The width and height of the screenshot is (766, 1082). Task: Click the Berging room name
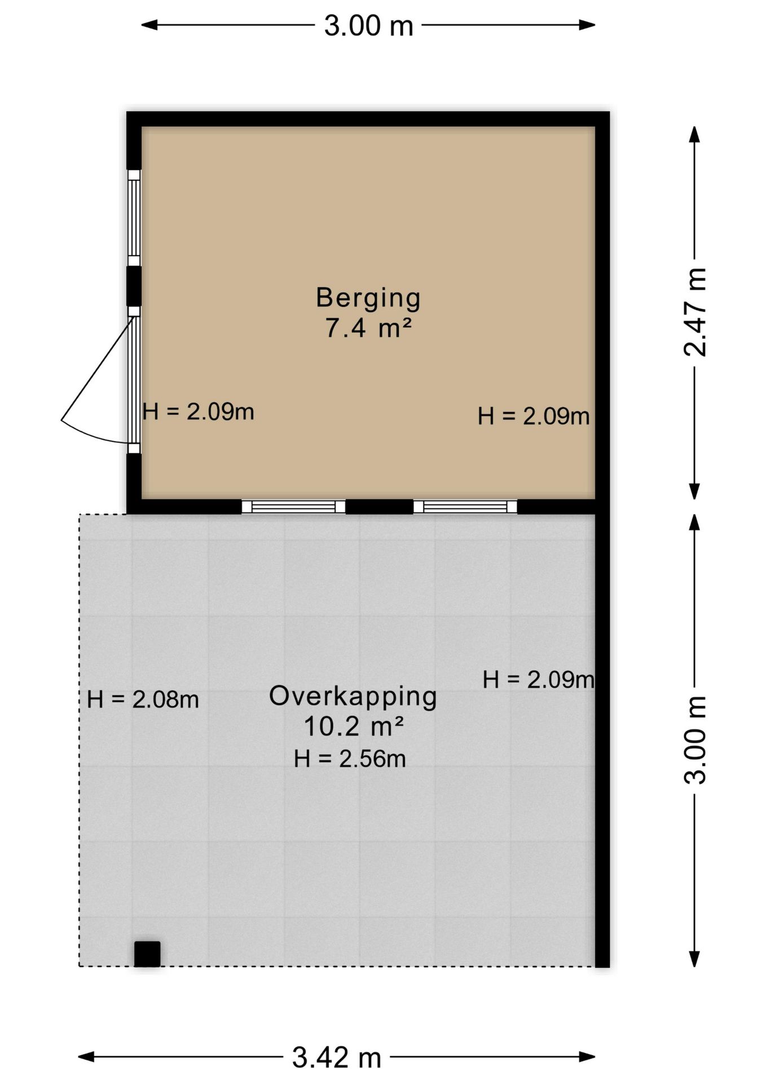pyautogui.click(x=368, y=298)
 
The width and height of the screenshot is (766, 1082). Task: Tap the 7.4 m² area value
pyautogui.click(x=368, y=327)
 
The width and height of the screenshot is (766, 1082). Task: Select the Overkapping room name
pyautogui.click(x=353, y=697)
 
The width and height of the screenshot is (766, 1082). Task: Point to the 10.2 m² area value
pyautogui.click(x=354, y=726)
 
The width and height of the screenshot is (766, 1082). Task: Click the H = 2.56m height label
pyautogui.click(x=350, y=759)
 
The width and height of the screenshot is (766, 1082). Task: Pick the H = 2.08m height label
pyautogui.click(x=143, y=699)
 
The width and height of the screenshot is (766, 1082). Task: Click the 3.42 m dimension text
pyautogui.click(x=337, y=1057)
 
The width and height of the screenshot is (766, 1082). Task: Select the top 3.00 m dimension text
pyautogui.click(x=368, y=25)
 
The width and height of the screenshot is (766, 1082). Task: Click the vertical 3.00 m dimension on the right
pyautogui.click(x=695, y=740)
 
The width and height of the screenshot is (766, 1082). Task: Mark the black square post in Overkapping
pyautogui.click(x=147, y=954)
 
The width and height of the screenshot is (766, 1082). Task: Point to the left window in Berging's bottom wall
pyautogui.click(x=293, y=506)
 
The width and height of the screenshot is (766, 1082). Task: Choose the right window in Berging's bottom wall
pyautogui.click(x=465, y=506)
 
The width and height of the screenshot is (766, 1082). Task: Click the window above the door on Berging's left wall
pyautogui.click(x=134, y=218)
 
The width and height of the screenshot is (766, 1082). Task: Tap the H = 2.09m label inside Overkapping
pyautogui.click(x=538, y=680)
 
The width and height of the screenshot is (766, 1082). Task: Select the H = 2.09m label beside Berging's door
pyautogui.click(x=198, y=412)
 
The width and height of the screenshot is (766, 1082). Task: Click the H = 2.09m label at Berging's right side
pyautogui.click(x=534, y=416)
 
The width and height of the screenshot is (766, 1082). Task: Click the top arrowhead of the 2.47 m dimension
pyautogui.click(x=695, y=134)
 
